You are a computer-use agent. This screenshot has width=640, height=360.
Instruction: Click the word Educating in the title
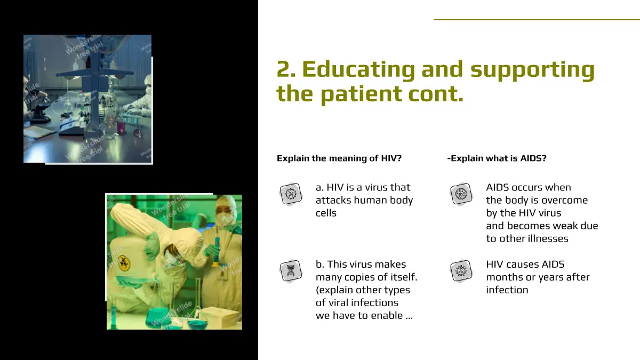358,69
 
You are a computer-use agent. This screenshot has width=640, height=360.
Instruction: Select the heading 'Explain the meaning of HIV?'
339,158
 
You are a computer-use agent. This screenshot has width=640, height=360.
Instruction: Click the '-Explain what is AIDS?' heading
497,158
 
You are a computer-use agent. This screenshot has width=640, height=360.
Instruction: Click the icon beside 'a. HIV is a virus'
291,194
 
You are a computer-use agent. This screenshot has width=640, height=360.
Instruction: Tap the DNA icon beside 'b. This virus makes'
291,271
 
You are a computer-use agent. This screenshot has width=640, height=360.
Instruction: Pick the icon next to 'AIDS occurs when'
461,194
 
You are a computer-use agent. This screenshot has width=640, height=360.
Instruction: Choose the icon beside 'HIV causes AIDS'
461,271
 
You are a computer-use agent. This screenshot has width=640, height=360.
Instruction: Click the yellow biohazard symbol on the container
124,263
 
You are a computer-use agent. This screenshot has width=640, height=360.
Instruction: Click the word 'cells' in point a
326,213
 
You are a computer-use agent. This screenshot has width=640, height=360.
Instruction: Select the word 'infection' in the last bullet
507,290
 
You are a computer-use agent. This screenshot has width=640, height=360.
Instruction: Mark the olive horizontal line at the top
537,20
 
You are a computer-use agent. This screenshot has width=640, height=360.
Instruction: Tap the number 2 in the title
286,69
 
